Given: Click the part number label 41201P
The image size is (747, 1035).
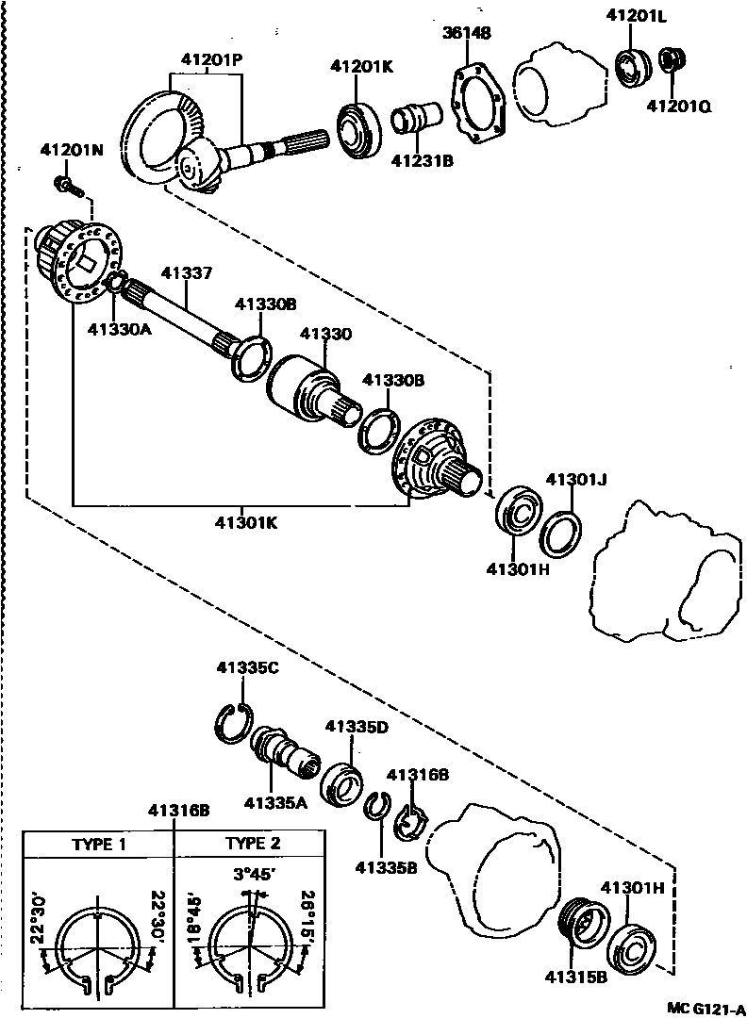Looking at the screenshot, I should point(212,58).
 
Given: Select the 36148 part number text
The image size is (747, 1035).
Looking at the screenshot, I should point(467,34).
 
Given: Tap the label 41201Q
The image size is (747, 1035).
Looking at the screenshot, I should point(678,106).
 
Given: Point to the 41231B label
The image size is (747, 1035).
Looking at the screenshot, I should point(423,161).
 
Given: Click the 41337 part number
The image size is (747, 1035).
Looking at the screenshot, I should point(187,273).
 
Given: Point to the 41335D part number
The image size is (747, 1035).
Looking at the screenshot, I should point(357,726).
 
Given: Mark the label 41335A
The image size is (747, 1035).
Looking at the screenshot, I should point(275,803).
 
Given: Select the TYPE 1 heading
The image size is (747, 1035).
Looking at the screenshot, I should point(99,844).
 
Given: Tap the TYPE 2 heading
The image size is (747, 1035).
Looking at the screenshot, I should point(253,844).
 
